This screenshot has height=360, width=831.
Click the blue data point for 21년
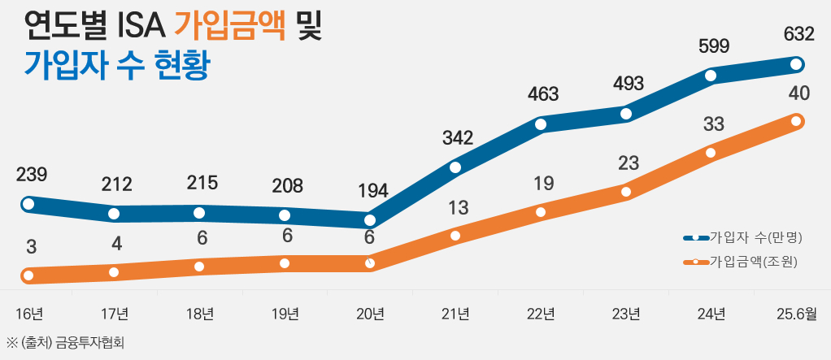pyautogui.click(x=455, y=167)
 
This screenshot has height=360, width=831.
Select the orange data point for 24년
pyautogui.click(x=711, y=153)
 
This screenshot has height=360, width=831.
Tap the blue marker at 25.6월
pyautogui.click(x=797, y=64)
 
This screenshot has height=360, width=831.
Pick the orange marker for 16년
pyautogui.click(x=28, y=275)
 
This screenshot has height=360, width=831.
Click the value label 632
pyautogui.click(x=798, y=35)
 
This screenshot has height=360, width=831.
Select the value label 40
pyautogui.click(x=798, y=93)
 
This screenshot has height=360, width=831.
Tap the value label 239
pyautogui.click(x=31, y=174)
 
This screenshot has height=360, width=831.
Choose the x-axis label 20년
pyautogui.click(x=370, y=314)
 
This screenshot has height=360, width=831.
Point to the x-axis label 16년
pyautogui.click(x=28, y=314)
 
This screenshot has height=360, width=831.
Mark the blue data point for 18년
pyautogui.click(x=199, y=213)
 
